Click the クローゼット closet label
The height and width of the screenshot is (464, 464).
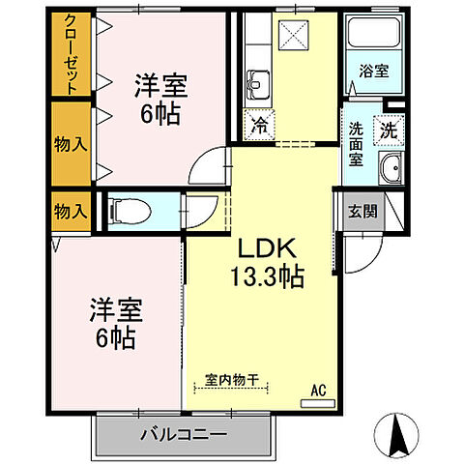(x=71, y=54)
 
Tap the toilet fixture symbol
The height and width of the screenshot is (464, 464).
(x=127, y=210)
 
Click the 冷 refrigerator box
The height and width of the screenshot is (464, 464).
(x=259, y=124)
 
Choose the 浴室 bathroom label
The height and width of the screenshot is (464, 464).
(x=372, y=71)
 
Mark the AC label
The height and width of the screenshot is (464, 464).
(x=318, y=391)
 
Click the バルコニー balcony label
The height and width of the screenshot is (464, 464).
(x=182, y=435)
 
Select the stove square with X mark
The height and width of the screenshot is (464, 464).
(x=290, y=35)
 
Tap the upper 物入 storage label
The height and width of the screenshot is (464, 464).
(x=71, y=143)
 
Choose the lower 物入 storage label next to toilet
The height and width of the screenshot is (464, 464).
(x=71, y=210)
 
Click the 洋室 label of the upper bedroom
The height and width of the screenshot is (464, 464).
(x=160, y=85)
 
